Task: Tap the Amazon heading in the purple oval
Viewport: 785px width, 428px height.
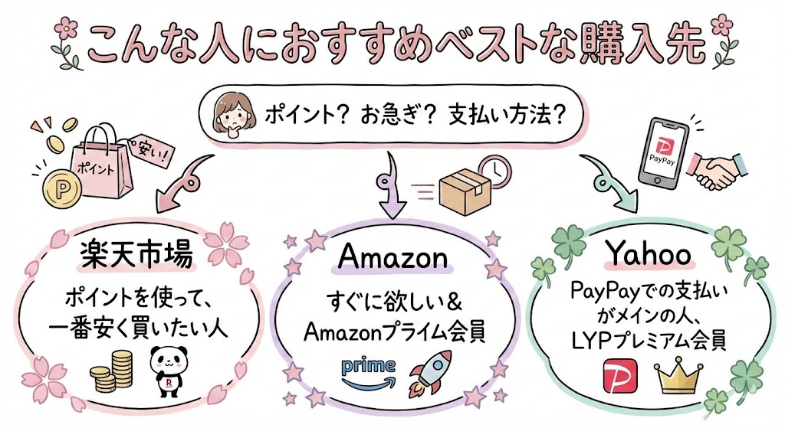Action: (x=392, y=257)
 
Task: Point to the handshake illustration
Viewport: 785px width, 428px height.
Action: (x=718, y=169)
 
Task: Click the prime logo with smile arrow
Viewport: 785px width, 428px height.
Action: (x=367, y=371)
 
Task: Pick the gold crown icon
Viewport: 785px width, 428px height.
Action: (x=675, y=374)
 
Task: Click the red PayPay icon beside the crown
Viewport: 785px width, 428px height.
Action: (x=622, y=374)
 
